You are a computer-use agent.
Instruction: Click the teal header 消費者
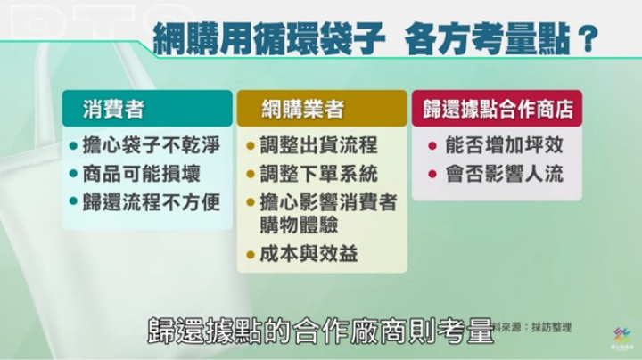pos(147,109)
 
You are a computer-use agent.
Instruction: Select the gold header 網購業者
pos(322,109)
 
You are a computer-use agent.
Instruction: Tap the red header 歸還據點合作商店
pos(497,109)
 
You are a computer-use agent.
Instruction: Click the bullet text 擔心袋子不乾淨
pos(152,145)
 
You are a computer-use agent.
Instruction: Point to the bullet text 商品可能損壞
pos(142,174)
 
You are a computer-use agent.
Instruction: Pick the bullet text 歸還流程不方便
pos(152,202)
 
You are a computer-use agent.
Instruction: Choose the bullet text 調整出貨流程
pos(319,145)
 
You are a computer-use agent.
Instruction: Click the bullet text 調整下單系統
pos(319,174)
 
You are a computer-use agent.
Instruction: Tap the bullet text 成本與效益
pos(309,254)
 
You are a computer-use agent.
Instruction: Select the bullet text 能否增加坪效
pos(505,145)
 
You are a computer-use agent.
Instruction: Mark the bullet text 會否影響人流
pos(505,174)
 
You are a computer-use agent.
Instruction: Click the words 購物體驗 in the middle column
pos(300,225)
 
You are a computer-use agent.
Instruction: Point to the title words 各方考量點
pos(488,39)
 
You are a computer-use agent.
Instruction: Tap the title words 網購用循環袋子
pos(269,39)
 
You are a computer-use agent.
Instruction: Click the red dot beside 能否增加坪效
pos(432,145)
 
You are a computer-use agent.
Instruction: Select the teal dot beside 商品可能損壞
pos(74,174)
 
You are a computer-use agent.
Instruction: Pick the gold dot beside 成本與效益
pos(251,255)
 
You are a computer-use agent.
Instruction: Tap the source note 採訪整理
pos(551,327)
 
